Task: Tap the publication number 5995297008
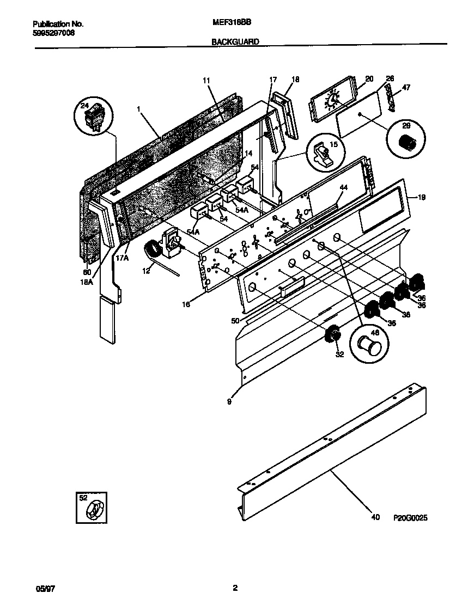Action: [x=54, y=33]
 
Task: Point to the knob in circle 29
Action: [x=405, y=143]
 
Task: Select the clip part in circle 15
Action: [x=325, y=152]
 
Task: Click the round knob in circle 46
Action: [x=368, y=344]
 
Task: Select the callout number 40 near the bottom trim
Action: [x=375, y=517]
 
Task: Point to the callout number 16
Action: [x=186, y=305]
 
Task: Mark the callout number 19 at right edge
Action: [x=420, y=198]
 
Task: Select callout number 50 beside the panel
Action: [x=235, y=321]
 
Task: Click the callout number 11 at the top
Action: [x=206, y=81]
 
